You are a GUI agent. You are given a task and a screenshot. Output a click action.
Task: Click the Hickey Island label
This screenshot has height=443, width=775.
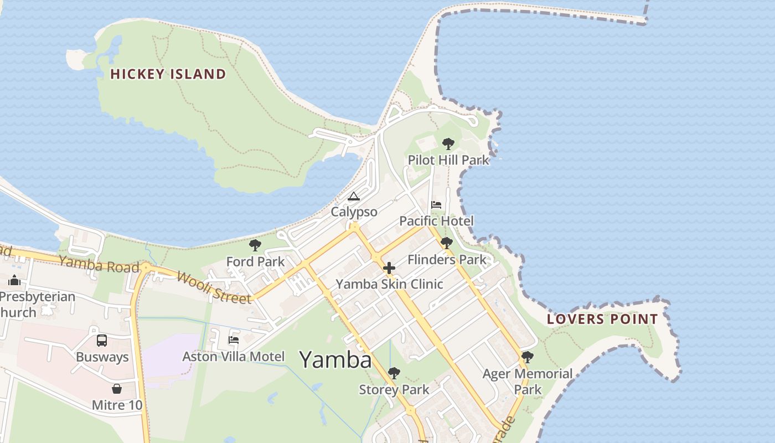coord(168,74)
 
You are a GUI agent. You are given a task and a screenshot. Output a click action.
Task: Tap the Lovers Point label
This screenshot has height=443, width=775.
coord(602,319)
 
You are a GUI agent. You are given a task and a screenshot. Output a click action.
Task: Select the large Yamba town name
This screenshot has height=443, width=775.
coord(335,360)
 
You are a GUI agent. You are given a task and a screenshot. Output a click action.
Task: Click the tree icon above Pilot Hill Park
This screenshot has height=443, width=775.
coord(448,144)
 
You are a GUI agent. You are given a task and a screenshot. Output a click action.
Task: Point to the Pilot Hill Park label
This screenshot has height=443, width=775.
coord(448,160)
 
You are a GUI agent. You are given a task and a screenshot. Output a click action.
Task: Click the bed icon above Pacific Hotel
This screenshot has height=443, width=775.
coord(436,205)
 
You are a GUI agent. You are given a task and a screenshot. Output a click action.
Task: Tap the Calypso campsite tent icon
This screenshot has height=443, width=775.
coord(354,196)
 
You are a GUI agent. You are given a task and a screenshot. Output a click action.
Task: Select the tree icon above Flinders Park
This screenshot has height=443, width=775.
coord(447,243)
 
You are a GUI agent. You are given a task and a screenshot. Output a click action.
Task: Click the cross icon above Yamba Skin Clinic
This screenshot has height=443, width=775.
coord(389,269)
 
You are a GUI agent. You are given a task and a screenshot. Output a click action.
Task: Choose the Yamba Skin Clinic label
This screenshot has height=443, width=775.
coord(389,284)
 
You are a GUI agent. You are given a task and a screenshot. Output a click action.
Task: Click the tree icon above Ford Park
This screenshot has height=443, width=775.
coord(255,245)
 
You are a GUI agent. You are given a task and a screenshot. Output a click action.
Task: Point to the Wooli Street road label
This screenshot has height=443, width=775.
coord(214,286)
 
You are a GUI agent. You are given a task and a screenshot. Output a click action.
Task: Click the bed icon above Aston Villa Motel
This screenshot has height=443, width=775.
coord(234,339)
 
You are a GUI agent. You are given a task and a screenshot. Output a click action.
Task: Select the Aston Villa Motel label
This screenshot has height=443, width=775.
coord(234,356)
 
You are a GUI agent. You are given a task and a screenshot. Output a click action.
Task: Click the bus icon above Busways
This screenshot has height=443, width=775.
coord(102,341)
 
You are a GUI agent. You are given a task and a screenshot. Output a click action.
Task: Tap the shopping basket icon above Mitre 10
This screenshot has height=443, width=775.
coord(117,388)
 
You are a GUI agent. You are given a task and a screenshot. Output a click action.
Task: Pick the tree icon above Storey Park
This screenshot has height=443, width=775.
coord(394,373)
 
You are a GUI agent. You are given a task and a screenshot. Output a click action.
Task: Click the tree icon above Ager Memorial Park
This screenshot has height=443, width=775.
coord(528,357)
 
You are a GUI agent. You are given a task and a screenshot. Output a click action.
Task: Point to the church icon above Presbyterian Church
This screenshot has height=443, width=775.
coord(14,281)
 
